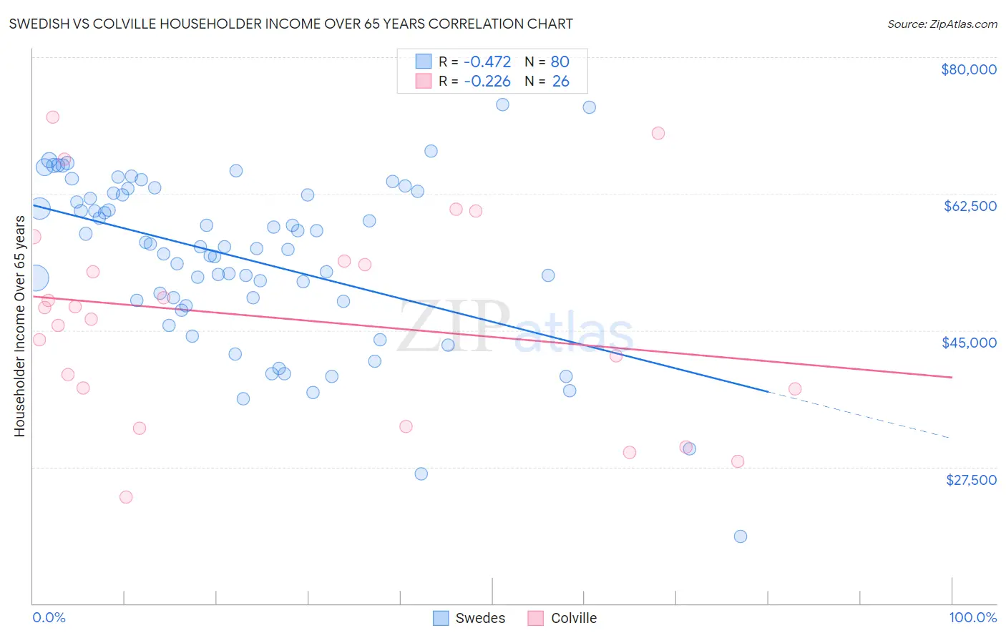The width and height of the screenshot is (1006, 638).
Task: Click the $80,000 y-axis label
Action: coord(968,69)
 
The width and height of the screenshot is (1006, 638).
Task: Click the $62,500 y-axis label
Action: coord(970,206)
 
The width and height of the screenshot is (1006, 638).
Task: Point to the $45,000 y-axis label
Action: coord(969,343)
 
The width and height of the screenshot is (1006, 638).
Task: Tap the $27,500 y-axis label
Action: coord(970,479)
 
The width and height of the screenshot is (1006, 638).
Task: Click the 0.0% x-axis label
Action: coord(49,617)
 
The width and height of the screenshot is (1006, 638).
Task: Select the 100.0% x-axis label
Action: coord(972,617)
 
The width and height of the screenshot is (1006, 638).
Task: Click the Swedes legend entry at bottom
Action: coord(469,618)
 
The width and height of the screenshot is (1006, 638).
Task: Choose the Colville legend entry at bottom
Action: coord(562,618)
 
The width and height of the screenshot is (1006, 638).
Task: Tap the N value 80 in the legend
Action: coord(560,62)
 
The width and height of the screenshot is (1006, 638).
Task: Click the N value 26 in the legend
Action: coord(560,82)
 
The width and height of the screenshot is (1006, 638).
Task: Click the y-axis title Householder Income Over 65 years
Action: coord(19,325)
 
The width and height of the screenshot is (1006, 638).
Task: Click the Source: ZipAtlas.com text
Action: coord(942,24)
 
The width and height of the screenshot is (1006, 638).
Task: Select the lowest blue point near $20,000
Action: coord(740,536)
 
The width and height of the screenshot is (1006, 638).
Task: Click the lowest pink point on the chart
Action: coord(126,497)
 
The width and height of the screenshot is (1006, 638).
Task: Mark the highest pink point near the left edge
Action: coord(52,117)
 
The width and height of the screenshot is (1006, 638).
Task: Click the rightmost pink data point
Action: coord(794,389)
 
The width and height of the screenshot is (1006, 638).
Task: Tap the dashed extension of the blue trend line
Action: coord(859,415)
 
